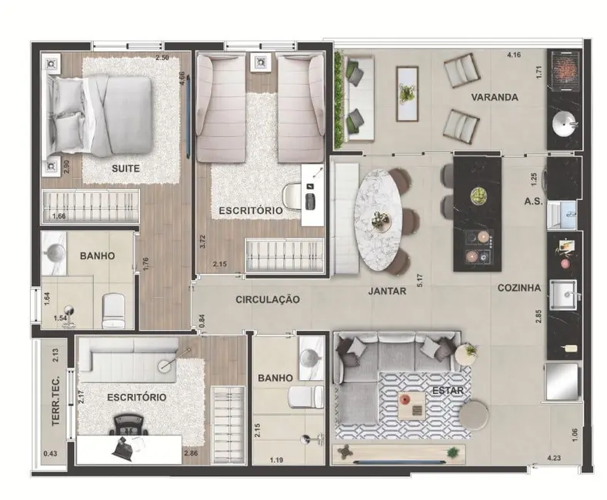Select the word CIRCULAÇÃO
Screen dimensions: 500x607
[x=267, y=300]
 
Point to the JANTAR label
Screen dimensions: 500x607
[x=387, y=291]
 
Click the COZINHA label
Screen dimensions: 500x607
[x=519, y=288]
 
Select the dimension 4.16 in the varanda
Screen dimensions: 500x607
[x=515, y=55]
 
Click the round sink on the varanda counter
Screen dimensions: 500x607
[x=564, y=122]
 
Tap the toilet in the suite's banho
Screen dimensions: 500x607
[x=114, y=308]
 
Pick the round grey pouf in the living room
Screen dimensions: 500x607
[x=475, y=416]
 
